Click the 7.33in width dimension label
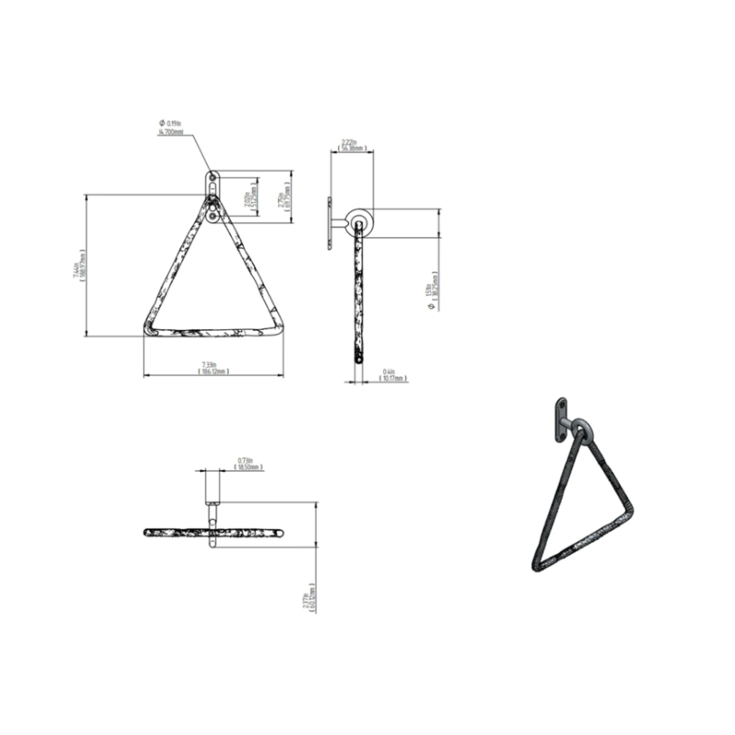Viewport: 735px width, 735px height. [215, 367]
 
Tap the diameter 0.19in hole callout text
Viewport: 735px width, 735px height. [170, 128]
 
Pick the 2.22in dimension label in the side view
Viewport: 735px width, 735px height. [350, 145]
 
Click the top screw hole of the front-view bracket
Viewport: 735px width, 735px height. [213, 177]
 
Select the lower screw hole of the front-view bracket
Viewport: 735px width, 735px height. [214, 217]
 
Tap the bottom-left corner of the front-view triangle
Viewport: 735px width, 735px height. [150, 330]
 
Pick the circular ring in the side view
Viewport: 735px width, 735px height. [360, 223]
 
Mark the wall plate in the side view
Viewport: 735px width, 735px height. [331, 224]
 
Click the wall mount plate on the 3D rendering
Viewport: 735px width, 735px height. [560, 421]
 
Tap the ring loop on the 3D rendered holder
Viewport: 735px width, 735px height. [582, 433]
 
